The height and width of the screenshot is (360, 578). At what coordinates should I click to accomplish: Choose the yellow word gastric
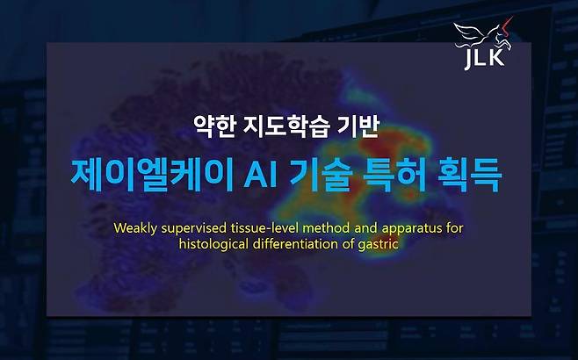pyautogui.click(x=379, y=244)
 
